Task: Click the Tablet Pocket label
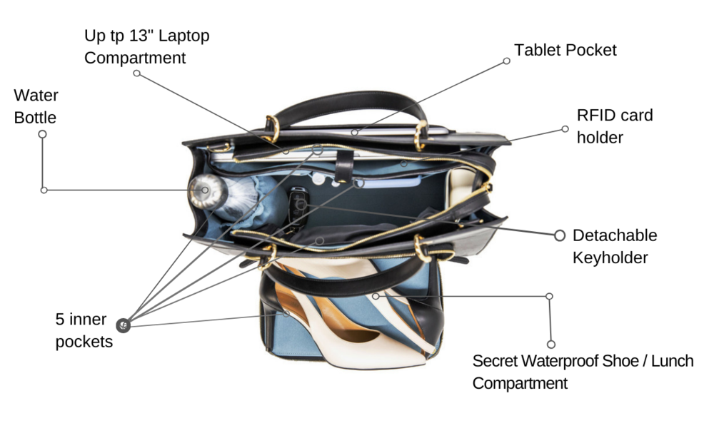pos(565,51)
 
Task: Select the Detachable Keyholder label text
pos(615,246)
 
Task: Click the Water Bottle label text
pos(36,106)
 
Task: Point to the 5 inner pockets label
pos(84,330)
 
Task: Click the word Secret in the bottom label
pos(495,361)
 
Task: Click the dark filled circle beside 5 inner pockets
pos(124,325)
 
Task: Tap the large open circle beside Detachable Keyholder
pos(559,235)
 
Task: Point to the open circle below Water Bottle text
pos(42,134)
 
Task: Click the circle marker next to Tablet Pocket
pos(506,61)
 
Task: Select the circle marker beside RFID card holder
pos(565,129)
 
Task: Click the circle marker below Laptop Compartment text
pos(136,73)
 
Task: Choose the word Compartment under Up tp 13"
pos(135,58)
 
